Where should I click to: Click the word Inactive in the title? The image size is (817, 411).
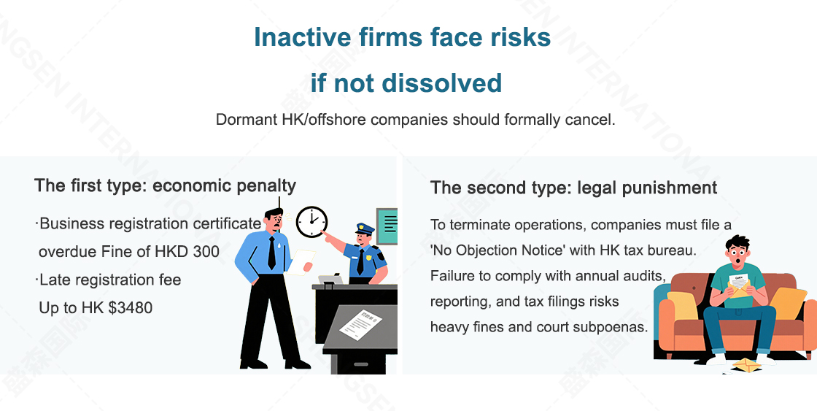(x=302, y=37)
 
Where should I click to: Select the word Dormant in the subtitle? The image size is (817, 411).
(x=247, y=120)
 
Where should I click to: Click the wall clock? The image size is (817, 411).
(x=311, y=222)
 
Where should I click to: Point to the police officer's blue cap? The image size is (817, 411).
(x=365, y=228)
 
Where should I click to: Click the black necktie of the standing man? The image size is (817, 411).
(x=271, y=253)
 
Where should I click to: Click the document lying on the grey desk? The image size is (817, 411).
(x=360, y=324)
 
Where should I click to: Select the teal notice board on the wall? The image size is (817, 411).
(x=387, y=226)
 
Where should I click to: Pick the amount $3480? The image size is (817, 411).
(x=131, y=308)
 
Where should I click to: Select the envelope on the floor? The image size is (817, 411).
(x=747, y=364)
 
